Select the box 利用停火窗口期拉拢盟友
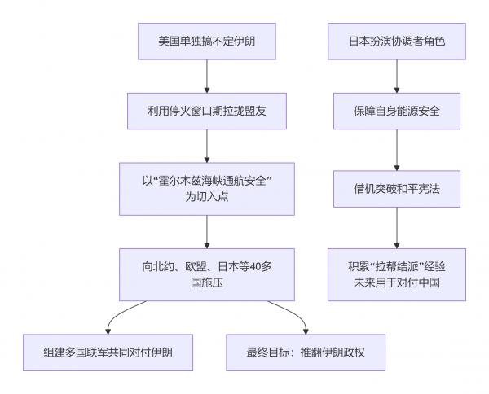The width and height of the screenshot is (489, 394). tap(206, 111)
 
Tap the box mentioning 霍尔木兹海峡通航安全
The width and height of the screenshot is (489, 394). tap(206, 190)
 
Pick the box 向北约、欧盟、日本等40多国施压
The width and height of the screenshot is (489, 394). tap(206, 273)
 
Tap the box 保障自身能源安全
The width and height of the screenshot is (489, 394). tap(397, 111)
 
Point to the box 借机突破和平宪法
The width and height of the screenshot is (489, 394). tap(397, 190)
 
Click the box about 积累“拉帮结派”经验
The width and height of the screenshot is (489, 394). tap(397, 273)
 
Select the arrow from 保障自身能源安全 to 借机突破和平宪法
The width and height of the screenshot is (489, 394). tap(397, 150)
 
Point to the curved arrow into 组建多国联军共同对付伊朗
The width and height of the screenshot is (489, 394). tap(122, 313)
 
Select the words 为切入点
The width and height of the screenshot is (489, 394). tap(206, 198)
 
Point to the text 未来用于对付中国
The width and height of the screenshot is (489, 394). tap(397, 281)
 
